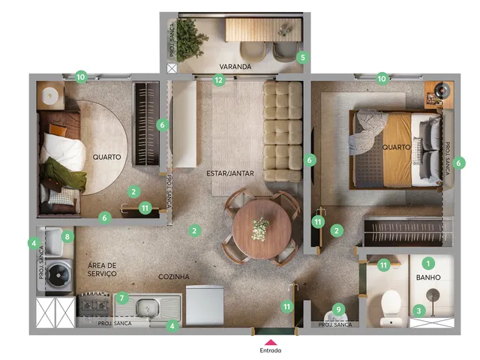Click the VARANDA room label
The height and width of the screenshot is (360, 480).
coord(235,67)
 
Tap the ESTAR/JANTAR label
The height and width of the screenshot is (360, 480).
coord(230,173)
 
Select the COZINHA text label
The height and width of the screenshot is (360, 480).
coord(173,277)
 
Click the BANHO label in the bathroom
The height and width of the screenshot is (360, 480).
coord(428,277)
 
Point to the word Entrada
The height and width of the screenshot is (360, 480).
coord(271,350)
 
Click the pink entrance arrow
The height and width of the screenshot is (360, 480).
coord(271,343)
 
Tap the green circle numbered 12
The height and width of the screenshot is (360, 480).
coord(218,80)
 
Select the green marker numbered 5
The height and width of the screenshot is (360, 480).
coord(303,57)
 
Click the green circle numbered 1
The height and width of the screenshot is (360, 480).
coord(428,263)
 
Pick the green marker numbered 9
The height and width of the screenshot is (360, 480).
coord(338,310)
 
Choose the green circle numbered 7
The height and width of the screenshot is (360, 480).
coord(121,298)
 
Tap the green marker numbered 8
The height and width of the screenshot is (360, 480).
coord(67,236)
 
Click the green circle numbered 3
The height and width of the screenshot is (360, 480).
coord(418,311)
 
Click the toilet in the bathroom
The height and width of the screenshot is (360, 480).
coord(391,307)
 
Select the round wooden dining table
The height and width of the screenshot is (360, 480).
coord(262,229)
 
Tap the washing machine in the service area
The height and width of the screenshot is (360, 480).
coord(55,275)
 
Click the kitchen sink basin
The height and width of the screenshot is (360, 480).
coord(147,308)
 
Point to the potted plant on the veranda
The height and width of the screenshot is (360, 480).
coord(189,39)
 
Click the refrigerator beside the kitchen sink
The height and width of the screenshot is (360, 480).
coord(205,305)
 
